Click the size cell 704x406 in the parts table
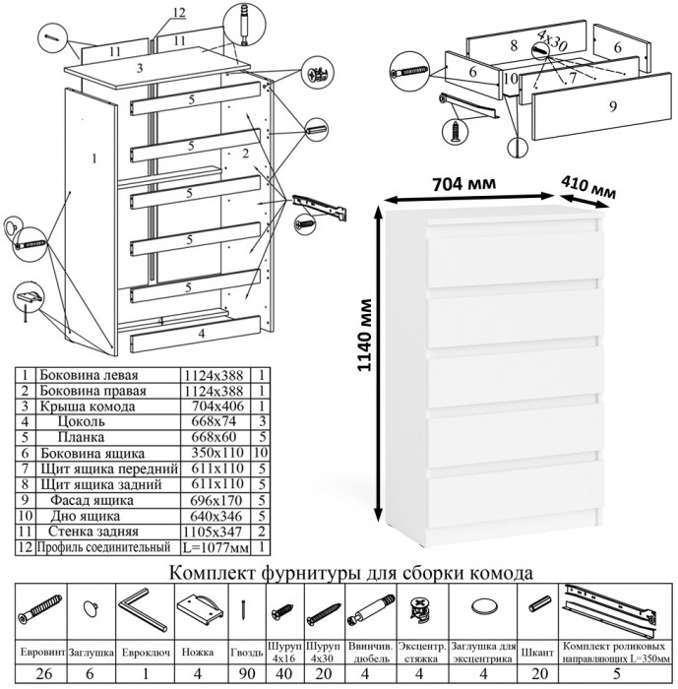(x=215, y=404)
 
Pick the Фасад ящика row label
(x=88, y=499)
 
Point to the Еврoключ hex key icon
(x=142, y=611)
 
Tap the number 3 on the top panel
(x=142, y=68)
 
